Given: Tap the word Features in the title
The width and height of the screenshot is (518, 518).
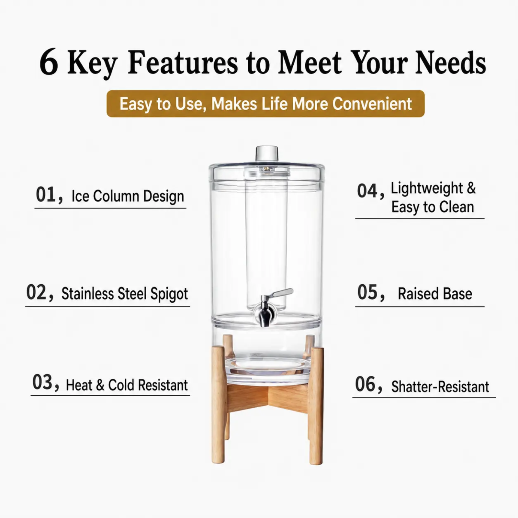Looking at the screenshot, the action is coord(183,62).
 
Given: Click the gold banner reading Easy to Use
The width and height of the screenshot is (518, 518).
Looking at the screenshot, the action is coord(265,104).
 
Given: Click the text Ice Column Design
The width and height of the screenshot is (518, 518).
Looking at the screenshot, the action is coord(128,196).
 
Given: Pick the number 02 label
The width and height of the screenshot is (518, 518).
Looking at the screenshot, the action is coord(36,292).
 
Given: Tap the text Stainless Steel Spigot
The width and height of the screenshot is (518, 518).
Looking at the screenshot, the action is coord(125,294).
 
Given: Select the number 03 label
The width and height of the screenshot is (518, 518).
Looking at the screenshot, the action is coord(42,382).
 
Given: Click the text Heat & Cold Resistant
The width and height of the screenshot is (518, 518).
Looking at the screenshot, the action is coord(127,385).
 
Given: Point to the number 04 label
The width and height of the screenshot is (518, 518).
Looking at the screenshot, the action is coord(367,191).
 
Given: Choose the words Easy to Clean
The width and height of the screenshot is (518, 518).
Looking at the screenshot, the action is coord(433,207).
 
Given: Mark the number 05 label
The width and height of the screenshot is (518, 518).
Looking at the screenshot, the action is coord(367,292).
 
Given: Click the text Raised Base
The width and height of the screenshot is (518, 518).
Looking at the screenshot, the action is coord(435,294).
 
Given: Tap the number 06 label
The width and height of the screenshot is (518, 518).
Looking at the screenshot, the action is coord(365,384).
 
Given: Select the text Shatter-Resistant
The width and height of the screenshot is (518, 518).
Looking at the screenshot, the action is coord(440,387).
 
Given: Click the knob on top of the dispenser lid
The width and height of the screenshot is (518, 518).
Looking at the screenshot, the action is coord(267,153).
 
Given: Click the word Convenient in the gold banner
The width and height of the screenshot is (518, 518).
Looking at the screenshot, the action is coord(372,104).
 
